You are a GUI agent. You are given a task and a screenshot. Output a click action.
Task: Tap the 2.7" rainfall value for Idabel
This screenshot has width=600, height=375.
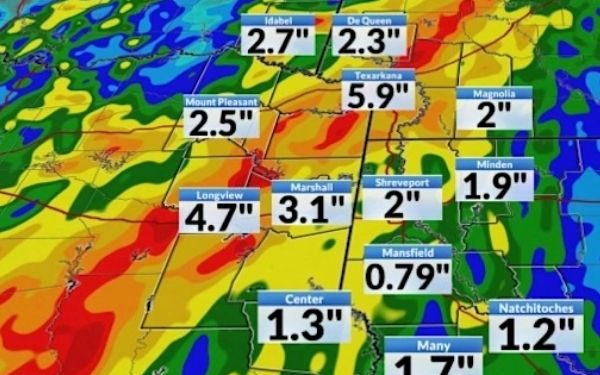(278, 43)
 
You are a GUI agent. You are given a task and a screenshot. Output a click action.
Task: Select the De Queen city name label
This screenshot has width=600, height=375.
(369, 20)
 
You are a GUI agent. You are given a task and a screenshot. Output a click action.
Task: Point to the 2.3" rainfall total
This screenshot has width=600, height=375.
(369, 43)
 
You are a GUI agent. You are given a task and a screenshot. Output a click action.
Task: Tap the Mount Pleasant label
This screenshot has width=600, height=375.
(222, 102)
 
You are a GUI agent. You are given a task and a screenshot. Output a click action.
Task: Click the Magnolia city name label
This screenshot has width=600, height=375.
(491, 94)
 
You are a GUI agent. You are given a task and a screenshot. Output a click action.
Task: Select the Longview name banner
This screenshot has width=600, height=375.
(218, 195)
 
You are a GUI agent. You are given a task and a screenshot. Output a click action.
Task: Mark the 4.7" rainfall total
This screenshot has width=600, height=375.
(218, 217)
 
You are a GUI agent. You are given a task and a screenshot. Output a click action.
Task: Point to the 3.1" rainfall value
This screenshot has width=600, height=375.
(311, 210)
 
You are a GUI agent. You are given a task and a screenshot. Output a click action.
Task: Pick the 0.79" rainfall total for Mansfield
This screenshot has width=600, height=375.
(406, 275)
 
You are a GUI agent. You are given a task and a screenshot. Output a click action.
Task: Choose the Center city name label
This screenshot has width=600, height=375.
(304, 298)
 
